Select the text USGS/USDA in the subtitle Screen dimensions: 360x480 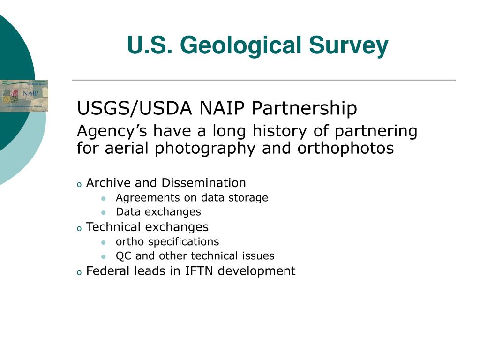click(135, 108)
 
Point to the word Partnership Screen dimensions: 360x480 click(304, 108)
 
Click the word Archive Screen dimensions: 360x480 click(108, 183)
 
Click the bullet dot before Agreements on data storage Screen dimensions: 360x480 click(104, 198)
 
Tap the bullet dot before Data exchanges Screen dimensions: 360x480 click(104, 212)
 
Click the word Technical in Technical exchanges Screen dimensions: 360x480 click(113, 227)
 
